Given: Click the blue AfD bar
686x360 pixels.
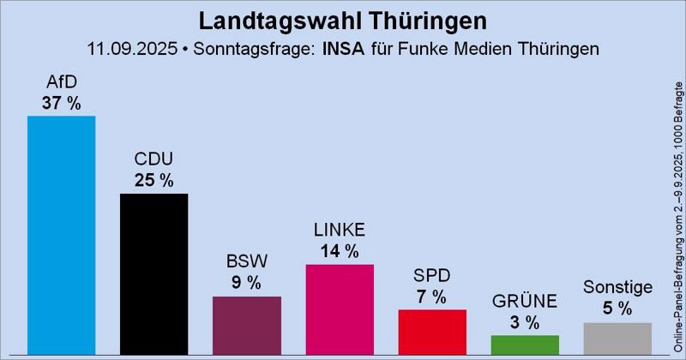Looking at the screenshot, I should (61, 236).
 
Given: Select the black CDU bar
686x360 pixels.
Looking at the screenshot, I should (153, 274).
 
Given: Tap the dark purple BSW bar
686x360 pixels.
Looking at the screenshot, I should (247, 326).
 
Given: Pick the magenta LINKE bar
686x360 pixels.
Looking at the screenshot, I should (340, 309).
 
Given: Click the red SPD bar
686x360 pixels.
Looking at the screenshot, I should (432, 332).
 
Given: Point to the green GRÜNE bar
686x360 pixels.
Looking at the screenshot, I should (525, 345).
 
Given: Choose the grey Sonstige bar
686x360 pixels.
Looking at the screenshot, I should (617, 339).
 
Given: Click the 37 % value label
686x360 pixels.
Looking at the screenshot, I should (61, 103).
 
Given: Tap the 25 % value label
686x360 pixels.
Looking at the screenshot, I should (153, 180).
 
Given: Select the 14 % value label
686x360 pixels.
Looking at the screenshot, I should (340, 251).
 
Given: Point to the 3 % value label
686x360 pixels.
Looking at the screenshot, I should (525, 322).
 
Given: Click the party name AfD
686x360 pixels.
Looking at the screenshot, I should (61, 83).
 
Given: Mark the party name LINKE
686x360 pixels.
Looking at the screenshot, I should (340, 231).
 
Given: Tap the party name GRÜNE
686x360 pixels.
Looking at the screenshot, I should (525, 302).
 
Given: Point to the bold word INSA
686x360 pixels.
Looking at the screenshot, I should (342, 48).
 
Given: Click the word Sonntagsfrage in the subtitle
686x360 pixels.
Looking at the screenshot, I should (248, 48).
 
